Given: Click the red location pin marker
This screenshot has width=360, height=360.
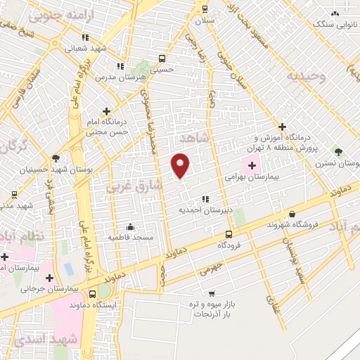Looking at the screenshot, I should click(181, 165).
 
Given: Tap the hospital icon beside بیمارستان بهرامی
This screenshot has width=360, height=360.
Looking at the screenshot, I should click(252, 165).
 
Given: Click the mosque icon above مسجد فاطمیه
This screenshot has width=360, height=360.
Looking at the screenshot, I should click(130, 226).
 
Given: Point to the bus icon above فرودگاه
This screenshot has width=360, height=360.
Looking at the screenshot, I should click(228, 234).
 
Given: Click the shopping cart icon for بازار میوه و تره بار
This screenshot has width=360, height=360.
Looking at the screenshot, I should click(211, 293).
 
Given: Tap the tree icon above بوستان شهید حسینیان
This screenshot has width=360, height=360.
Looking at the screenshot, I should click(56, 158).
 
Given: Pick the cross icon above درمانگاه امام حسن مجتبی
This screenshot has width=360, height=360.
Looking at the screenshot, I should click(106, 110).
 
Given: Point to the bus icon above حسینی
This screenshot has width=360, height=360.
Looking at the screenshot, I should click(162, 59).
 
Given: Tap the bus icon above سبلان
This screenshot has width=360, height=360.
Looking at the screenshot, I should click(205, 9).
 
